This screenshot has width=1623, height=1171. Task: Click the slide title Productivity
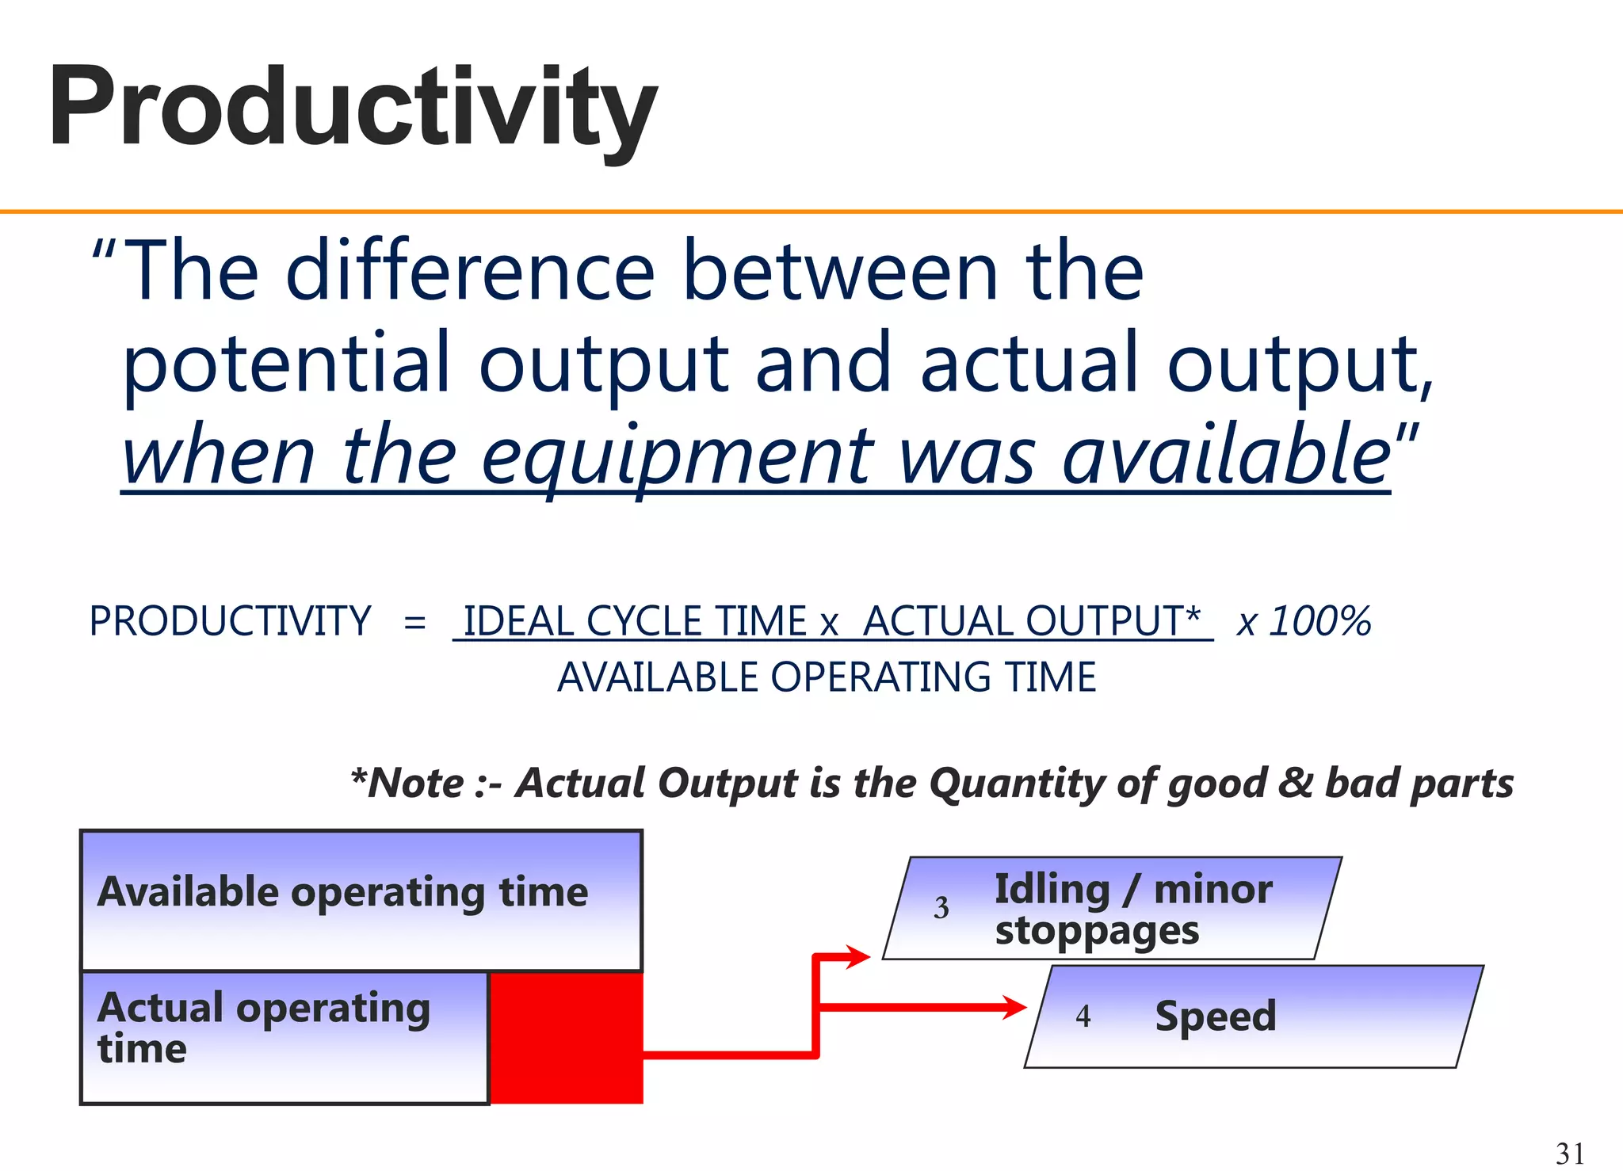point(353,107)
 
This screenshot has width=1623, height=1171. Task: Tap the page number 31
point(1570,1153)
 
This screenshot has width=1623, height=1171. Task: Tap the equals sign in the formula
point(414,622)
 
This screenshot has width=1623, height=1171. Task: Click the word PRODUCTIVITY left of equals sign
point(230,621)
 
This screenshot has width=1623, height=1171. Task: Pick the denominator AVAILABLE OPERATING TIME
point(827,677)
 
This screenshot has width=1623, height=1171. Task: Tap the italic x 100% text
point(1304,621)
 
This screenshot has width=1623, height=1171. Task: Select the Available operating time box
point(361,900)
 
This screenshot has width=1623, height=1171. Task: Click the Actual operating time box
point(284,1037)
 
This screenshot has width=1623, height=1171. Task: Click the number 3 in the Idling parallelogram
point(941,908)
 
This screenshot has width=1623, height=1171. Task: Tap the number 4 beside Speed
point(1083,1017)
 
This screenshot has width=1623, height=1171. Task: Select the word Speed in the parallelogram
point(1215,1017)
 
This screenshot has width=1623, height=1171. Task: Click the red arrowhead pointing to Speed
point(1014,1008)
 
